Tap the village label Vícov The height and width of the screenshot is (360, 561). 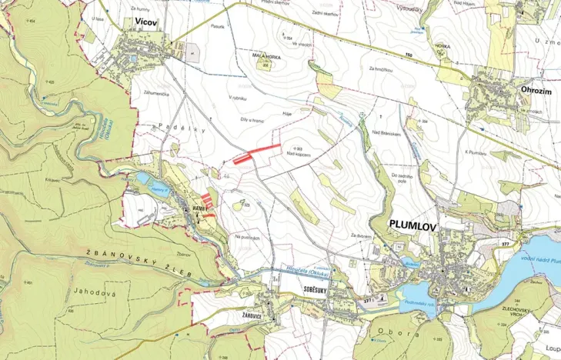click(145, 24)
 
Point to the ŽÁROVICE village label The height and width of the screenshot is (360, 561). click(242, 315)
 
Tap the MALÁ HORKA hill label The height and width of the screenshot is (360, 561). click(265, 56)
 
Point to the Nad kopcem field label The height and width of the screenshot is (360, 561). click(299, 154)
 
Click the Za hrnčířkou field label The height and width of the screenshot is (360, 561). click(380, 70)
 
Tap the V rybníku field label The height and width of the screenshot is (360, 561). click(241, 98)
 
